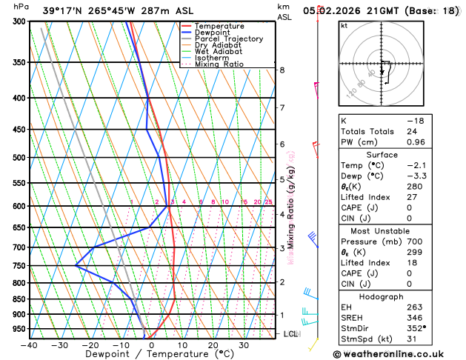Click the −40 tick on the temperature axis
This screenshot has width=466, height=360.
pyautogui.click(x=29, y=345)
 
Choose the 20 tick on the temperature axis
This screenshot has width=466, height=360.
pyautogui.click(x=213, y=345)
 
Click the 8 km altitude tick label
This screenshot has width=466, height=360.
pyautogui.click(x=282, y=70)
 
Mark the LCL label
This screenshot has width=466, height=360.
pyautogui.click(x=290, y=334)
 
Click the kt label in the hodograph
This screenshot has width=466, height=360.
pyautogui.click(x=344, y=26)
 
